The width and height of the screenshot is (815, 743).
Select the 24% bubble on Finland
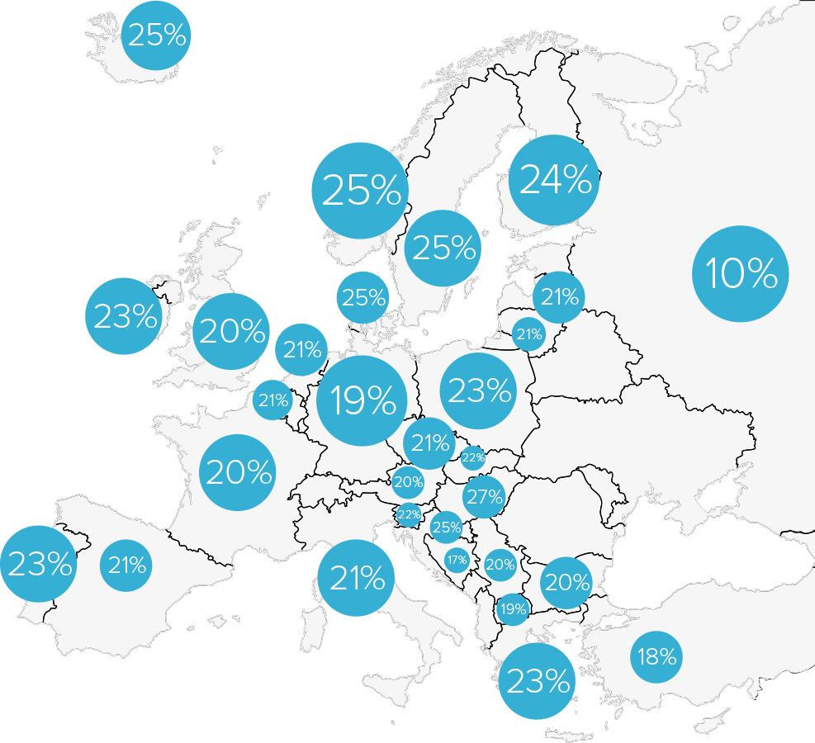(553, 181)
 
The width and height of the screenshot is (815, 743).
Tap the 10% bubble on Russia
(741, 274)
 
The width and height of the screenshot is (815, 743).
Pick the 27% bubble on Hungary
(484, 496)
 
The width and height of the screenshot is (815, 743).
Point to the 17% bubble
(457, 560)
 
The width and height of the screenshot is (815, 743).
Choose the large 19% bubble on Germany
(362, 400)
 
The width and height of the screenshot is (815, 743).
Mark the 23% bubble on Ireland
(125, 316)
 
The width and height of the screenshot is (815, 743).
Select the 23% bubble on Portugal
(38, 564)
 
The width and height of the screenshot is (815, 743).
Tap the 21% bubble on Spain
(126, 566)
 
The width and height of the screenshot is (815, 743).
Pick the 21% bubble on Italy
(357, 579)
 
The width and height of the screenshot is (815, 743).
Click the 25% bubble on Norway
(360, 192)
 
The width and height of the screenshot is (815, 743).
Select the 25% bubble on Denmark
(363, 297)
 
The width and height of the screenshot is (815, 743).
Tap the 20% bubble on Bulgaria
(566, 583)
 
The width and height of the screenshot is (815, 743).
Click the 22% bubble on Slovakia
(473, 457)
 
